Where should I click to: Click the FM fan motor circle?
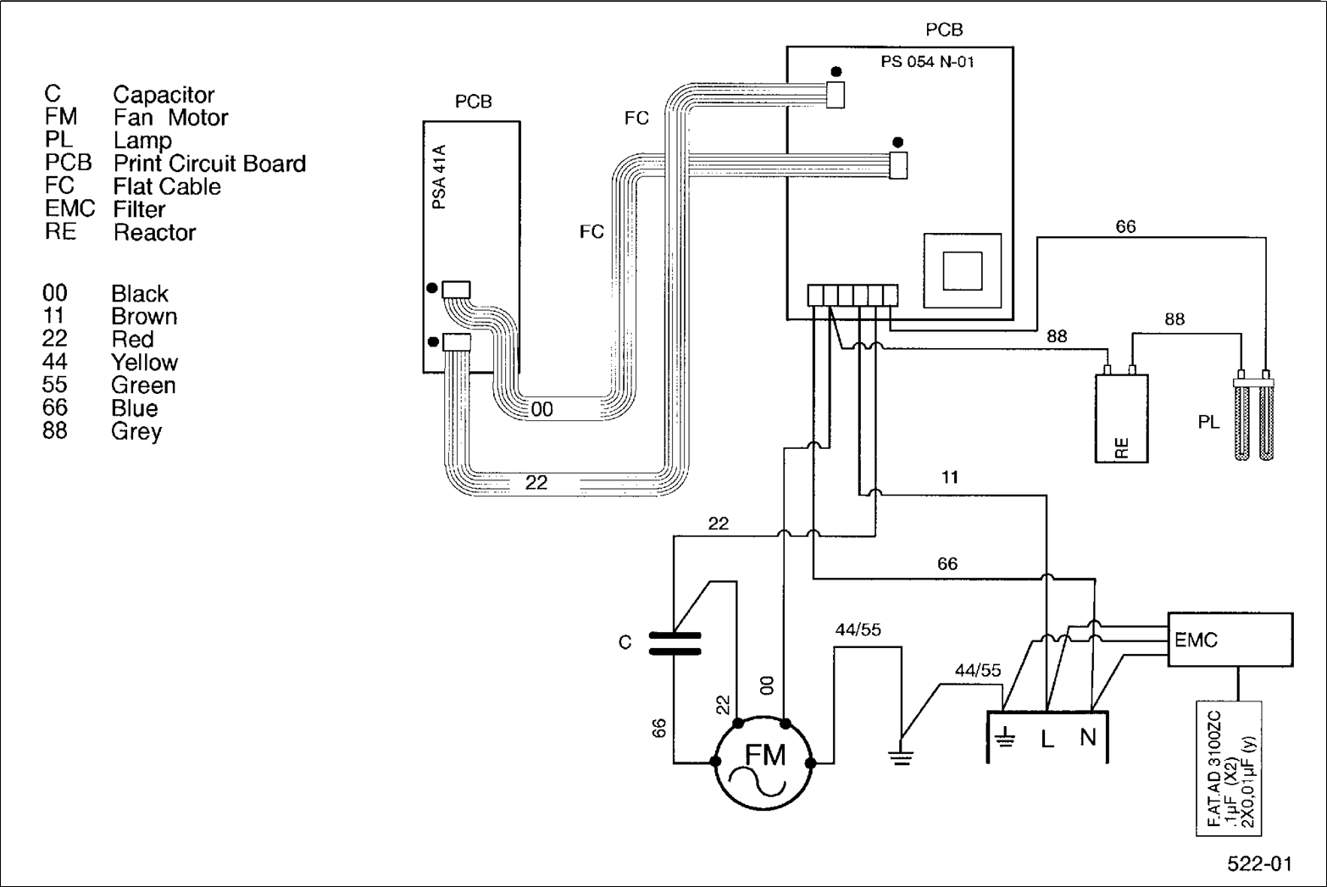point(763,763)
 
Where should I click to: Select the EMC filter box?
point(1230,640)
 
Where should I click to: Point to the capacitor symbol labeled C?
point(675,643)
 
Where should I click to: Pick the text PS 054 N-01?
point(927,62)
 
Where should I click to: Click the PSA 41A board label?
point(439,177)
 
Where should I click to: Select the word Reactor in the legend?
point(154,233)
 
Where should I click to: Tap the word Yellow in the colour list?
point(144,363)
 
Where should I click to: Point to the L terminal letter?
point(1047,740)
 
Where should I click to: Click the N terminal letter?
point(1088,738)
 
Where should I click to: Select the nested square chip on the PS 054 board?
point(963,270)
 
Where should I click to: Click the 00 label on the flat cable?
point(541,410)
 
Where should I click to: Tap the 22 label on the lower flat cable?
point(536,483)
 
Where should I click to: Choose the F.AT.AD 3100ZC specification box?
point(1229,768)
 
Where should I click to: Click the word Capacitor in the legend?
point(164,95)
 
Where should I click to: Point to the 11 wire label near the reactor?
point(950,478)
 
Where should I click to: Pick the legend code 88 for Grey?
point(55,430)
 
